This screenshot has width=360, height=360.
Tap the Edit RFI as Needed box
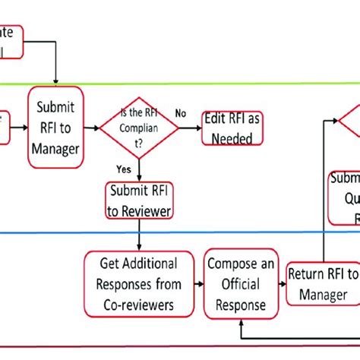pos(232,128)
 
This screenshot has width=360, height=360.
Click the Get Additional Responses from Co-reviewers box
pos(140,284)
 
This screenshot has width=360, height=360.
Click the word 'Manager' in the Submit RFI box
pos(55,149)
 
